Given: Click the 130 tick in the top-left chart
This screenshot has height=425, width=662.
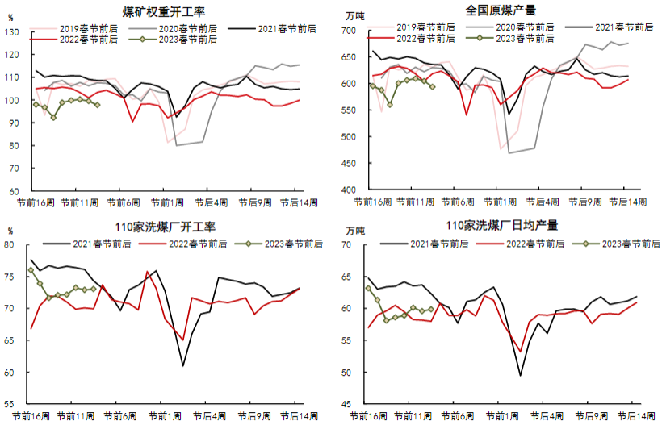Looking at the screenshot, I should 13,31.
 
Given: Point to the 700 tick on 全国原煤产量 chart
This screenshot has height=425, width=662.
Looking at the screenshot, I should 347,31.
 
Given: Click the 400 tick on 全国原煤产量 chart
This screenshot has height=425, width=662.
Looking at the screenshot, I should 347,190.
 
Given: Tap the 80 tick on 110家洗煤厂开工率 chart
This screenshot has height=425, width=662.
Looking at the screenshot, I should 10,244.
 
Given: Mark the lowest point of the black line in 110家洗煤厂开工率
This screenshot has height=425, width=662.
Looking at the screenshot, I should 183,366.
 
